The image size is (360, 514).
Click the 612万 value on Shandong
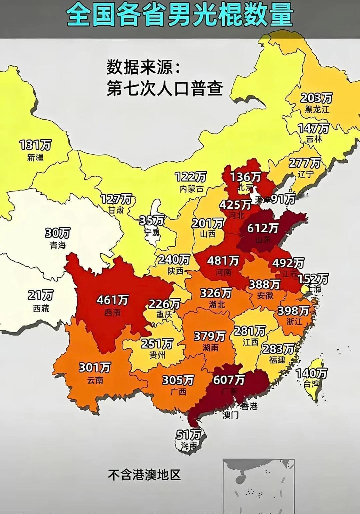click(x=263, y=228)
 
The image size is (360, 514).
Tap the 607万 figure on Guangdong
click(x=229, y=380)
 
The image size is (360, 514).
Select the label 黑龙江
click(x=317, y=109)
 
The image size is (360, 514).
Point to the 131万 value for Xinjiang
click(x=35, y=145)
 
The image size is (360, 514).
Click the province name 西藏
click(x=41, y=309)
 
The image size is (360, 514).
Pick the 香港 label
click(x=249, y=406)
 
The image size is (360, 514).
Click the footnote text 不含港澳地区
click(x=144, y=475)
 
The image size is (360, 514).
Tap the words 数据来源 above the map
click(x=139, y=68)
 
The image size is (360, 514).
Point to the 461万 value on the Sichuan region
click(x=112, y=300)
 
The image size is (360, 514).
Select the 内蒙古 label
click(x=191, y=189)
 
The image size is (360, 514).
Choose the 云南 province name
click(x=95, y=380)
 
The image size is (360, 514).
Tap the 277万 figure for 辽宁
click(x=305, y=163)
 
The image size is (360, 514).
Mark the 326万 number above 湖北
click(x=216, y=293)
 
